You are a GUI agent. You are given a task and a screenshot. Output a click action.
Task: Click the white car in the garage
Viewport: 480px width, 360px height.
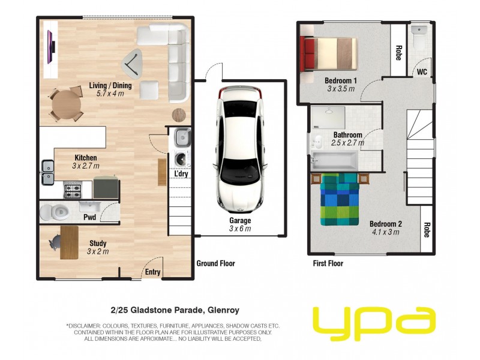point(240,150)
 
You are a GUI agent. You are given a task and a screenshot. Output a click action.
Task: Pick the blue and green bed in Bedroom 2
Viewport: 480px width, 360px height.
point(340,199)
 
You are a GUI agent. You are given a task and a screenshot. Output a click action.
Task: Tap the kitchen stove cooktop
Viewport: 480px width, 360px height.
point(73,191)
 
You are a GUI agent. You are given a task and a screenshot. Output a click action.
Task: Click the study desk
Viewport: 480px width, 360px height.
point(69,241)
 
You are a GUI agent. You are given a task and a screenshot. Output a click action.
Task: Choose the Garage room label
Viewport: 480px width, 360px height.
point(240,221)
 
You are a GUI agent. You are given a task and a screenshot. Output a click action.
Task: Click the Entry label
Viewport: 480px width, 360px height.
point(152,272)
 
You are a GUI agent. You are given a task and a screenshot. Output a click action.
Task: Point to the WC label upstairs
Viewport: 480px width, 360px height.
point(422,72)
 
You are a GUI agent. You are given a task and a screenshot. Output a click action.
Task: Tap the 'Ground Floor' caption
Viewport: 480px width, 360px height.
point(216,263)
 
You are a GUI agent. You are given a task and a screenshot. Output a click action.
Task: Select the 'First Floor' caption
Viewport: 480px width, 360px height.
point(328,263)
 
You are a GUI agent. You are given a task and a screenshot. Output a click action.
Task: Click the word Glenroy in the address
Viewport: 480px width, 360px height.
point(223,310)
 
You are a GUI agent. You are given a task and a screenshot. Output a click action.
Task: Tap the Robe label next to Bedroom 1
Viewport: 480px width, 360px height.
point(398,54)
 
